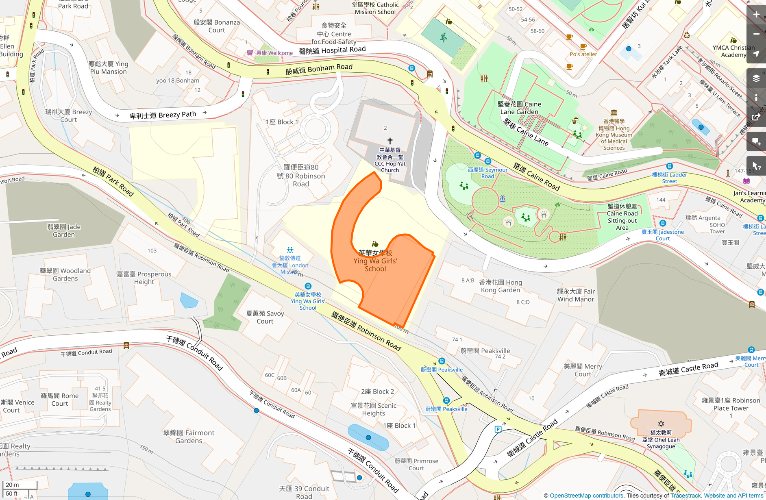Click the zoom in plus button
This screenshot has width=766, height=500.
pyautogui.click(x=756, y=15)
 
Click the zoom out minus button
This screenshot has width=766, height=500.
pyautogui.click(x=756, y=34)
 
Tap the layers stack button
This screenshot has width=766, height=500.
pyautogui.click(x=756, y=78)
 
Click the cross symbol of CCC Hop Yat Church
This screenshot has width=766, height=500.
pyautogui.click(x=390, y=141)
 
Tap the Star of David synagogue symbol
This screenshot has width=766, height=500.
pyautogui.click(x=661, y=424)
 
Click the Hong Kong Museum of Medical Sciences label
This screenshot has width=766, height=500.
pyautogui.click(x=614, y=135)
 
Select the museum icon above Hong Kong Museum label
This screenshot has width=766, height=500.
pyautogui.click(x=614, y=112)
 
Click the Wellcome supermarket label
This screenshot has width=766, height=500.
pyautogui.click(x=274, y=53)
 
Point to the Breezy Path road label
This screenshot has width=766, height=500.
pyautogui.click(x=163, y=115)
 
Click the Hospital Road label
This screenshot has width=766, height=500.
pyautogui.click(x=332, y=50)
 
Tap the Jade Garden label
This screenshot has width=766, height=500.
pyautogui.click(x=64, y=230)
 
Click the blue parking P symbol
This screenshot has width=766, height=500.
pyautogui.click(x=498, y=429)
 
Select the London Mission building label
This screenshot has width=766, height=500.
pyautogui.click(x=290, y=265)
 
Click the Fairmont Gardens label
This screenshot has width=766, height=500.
pyautogui.click(x=189, y=437)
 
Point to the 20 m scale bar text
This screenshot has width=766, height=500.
pyautogui.click(x=12, y=485)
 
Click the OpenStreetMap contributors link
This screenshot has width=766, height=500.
pyautogui.click(x=587, y=496)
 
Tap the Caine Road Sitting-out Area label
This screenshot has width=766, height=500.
pyautogui.click(x=622, y=217)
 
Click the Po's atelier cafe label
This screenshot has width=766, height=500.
pyautogui.click(x=583, y=54)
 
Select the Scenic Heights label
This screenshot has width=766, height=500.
pyautogui.click(x=373, y=409)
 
